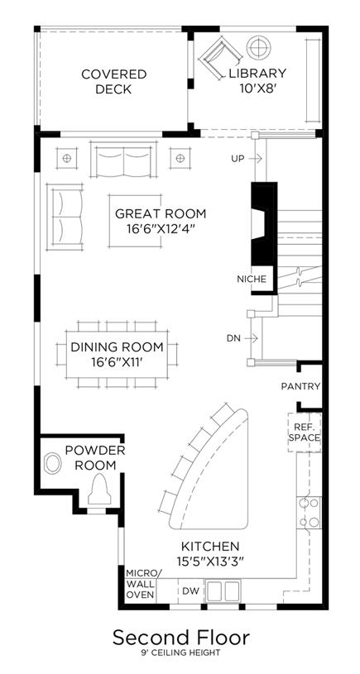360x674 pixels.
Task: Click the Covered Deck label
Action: pyautogui.click(x=113, y=82)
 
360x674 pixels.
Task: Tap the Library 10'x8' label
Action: pyautogui.click(x=257, y=80)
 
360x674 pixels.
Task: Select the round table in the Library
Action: pyautogui.click(x=259, y=47)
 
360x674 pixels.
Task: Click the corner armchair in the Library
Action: pyautogui.click(x=221, y=56)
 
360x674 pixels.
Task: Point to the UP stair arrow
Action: pyautogui.click(x=255, y=159)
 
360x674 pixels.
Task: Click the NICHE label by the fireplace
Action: pyautogui.click(x=252, y=279)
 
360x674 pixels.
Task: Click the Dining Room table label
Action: pyautogui.click(x=117, y=354)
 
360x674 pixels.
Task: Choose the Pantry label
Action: pyautogui.click(x=300, y=386)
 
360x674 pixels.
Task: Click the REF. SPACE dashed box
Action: pyautogui.click(x=305, y=433)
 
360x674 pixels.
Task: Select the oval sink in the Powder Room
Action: pyautogui.click(x=53, y=463)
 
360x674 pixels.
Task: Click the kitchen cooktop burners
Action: pyautogui.click(x=309, y=513)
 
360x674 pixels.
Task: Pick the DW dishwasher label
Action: pyautogui.click(x=191, y=591)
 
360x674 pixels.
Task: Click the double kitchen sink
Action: pyautogui.click(x=223, y=591)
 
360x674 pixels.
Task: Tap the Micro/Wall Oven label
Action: pyautogui.click(x=141, y=584)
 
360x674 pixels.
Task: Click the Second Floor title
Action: pyautogui.click(x=180, y=637)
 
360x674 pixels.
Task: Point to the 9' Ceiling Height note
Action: pyautogui.click(x=180, y=653)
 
